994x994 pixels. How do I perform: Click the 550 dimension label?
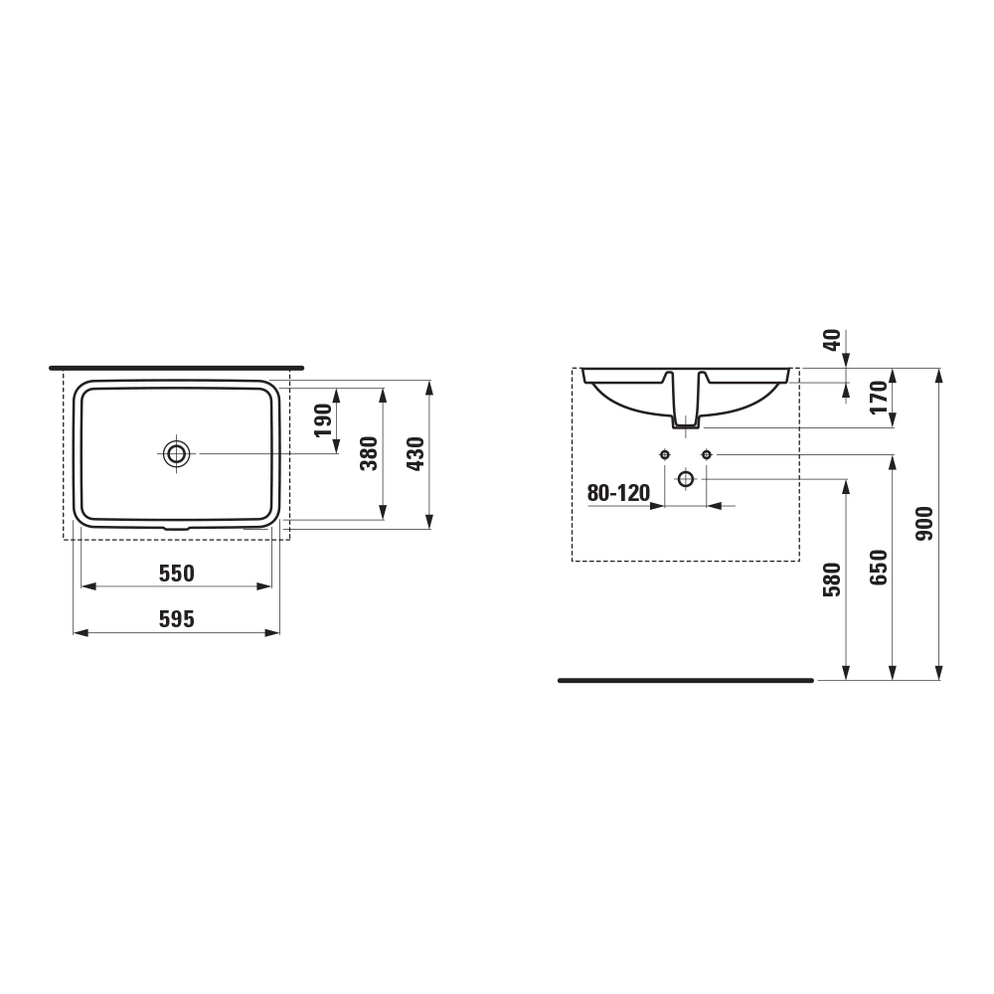point(176,574)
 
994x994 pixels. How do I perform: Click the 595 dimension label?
point(176,619)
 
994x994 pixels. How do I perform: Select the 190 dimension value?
point(323,420)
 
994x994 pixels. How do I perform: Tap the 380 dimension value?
point(369,453)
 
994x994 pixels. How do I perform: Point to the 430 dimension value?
point(415,453)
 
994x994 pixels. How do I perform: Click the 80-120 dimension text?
point(618,493)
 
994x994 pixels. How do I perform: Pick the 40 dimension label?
point(832,340)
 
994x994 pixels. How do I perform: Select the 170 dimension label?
point(879,398)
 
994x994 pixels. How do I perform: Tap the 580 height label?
point(832,580)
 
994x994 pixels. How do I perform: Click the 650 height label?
point(879,568)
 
